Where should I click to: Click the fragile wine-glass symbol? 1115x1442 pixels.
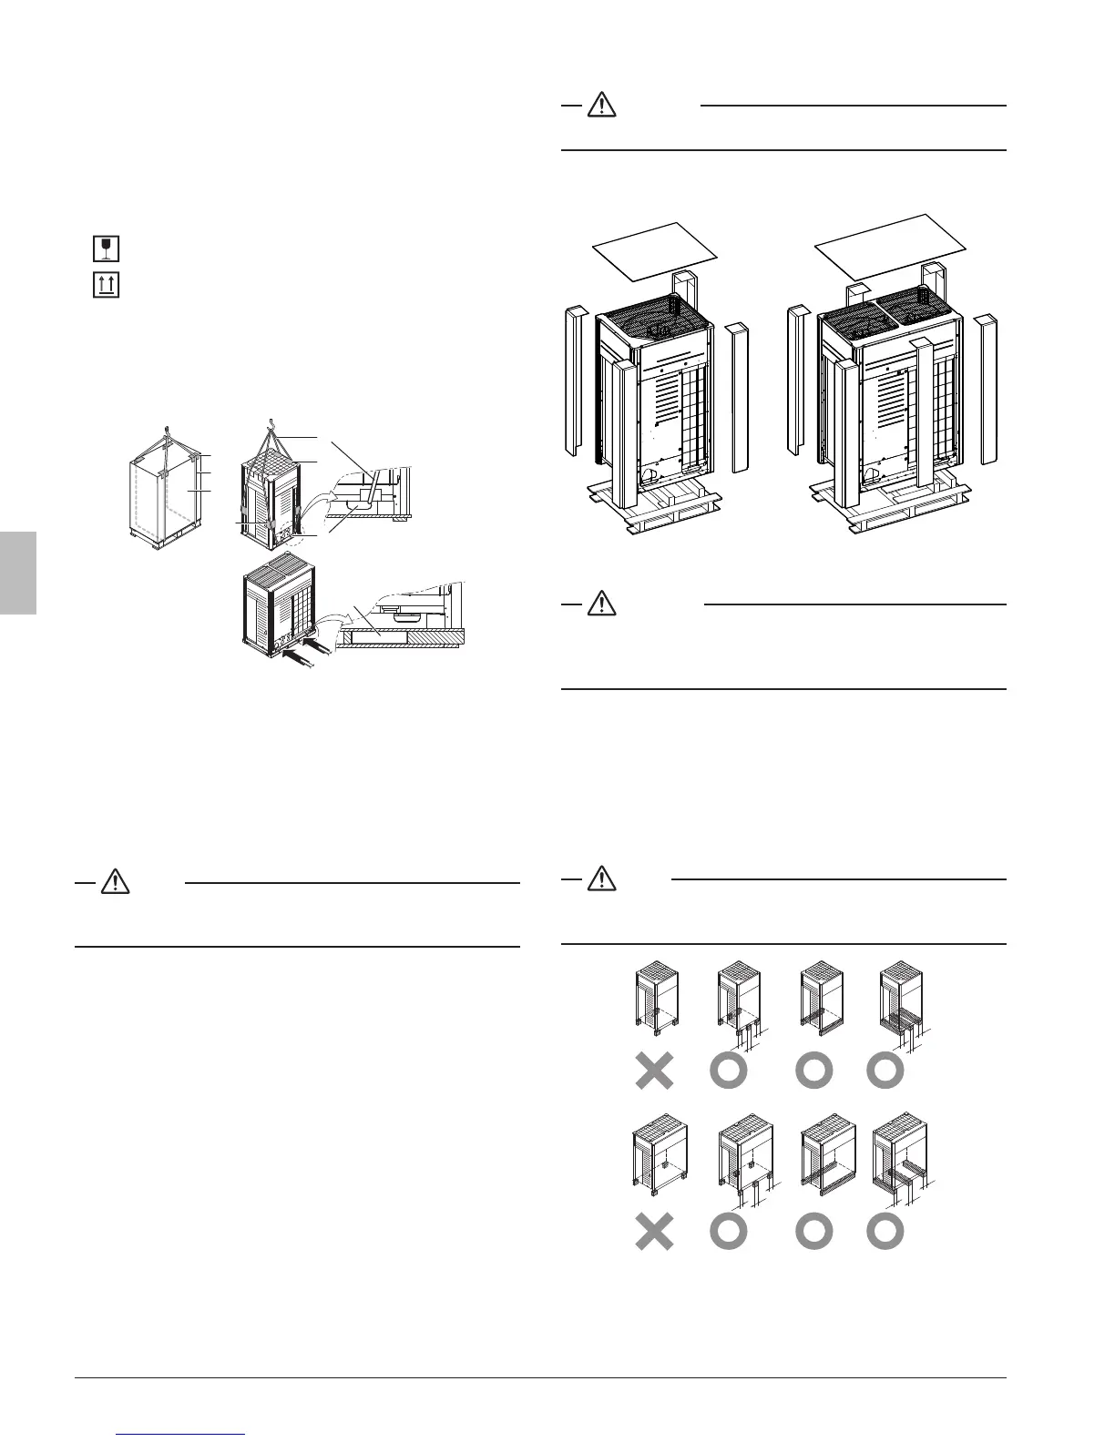point(107,249)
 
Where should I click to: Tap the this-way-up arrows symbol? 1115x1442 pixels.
point(107,285)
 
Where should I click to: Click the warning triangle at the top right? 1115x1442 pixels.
point(601,106)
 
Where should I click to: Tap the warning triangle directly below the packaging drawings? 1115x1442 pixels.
point(601,602)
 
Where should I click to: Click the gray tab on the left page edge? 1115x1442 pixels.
point(17,574)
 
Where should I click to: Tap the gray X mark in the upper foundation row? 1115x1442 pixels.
point(654,1071)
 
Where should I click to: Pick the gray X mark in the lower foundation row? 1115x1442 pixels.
point(654,1233)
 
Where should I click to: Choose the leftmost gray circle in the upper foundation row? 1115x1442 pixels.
point(728,1071)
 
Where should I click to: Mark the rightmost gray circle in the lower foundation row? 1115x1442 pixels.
point(885,1233)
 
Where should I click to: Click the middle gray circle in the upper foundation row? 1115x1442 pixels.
point(814,1071)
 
